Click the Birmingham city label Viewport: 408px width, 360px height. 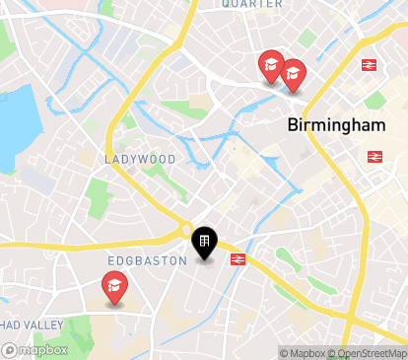click(x=334, y=126)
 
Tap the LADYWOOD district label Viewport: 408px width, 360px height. click(x=140, y=159)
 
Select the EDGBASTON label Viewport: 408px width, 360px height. click(x=147, y=260)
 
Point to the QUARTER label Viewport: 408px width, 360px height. click(x=251, y=4)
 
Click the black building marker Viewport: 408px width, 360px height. click(x=204, y=242)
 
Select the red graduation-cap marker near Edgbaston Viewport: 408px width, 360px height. click(x=115, y=288)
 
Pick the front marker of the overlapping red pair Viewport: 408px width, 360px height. click(x=292, y=74)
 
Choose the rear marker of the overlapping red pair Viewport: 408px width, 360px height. click(x=269, y=65)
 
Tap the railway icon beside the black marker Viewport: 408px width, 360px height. click(x=238, y=259)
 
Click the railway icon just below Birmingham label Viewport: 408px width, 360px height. click(x=374, y=156)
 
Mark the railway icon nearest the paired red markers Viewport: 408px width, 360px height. click(x=370, y=65)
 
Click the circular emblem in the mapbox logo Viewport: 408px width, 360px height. click(x=10, y=349)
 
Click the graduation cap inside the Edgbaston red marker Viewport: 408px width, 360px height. click(x=115, y=286)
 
